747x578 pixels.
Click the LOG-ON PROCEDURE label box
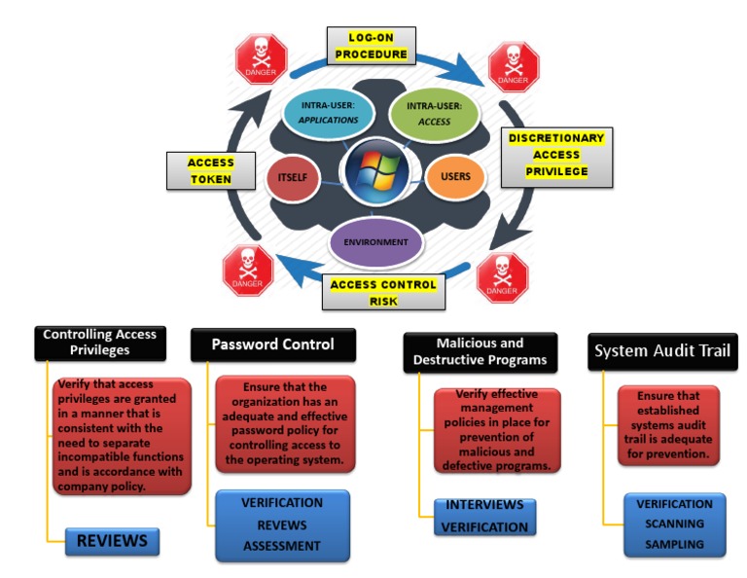372,46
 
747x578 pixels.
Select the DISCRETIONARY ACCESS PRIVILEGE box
556,156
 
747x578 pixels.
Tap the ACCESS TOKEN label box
211,171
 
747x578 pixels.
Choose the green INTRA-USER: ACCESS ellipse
435,113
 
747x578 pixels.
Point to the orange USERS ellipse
454,177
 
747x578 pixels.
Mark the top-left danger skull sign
262,59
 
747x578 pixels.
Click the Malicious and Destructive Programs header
480,351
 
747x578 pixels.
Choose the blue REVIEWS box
112,541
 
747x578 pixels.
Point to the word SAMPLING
674,544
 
